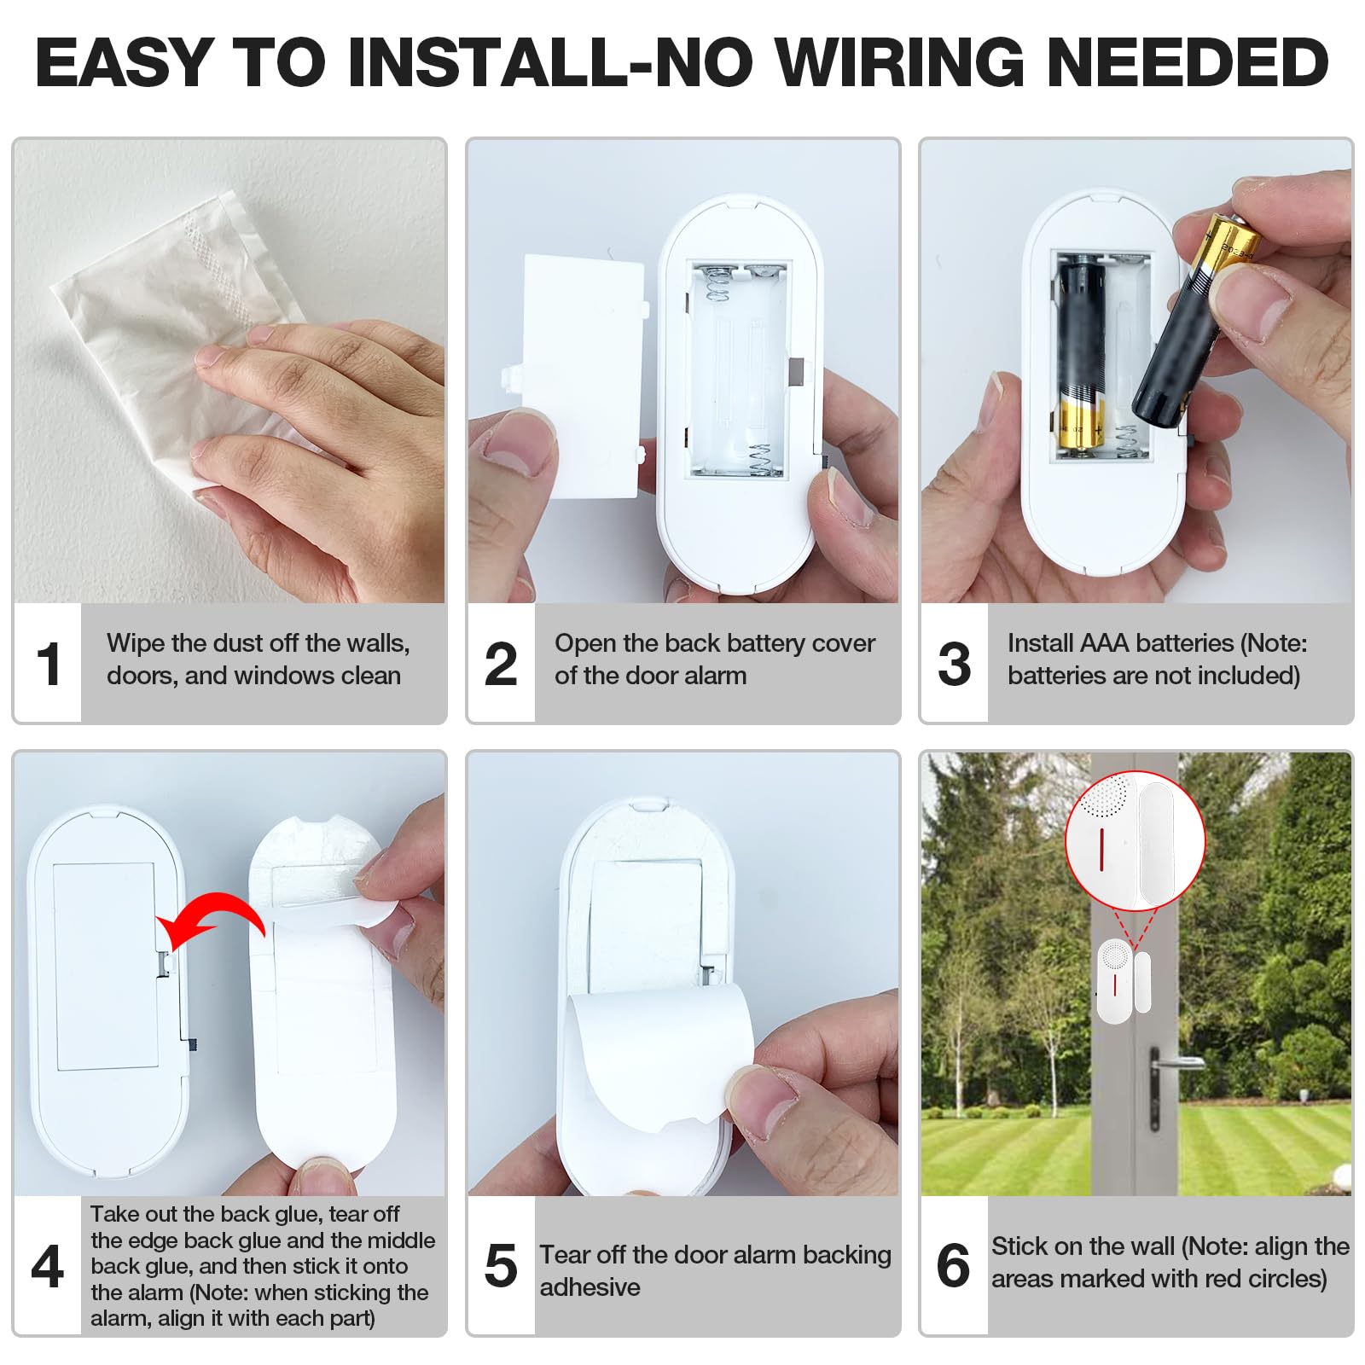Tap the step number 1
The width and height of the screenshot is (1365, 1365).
coord(49,665)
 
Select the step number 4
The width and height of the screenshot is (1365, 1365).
coord(48,1266)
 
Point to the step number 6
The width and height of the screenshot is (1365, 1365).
coord(953,1266)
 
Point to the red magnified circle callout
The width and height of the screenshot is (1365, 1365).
coord(1135,840)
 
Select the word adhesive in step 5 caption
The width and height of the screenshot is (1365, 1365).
coord(590,1287)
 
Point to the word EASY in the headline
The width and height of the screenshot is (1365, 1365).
coord(124,62)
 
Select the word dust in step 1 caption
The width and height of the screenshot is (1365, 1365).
coord(240,643)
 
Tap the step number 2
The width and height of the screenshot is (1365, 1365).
coord(501,665)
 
